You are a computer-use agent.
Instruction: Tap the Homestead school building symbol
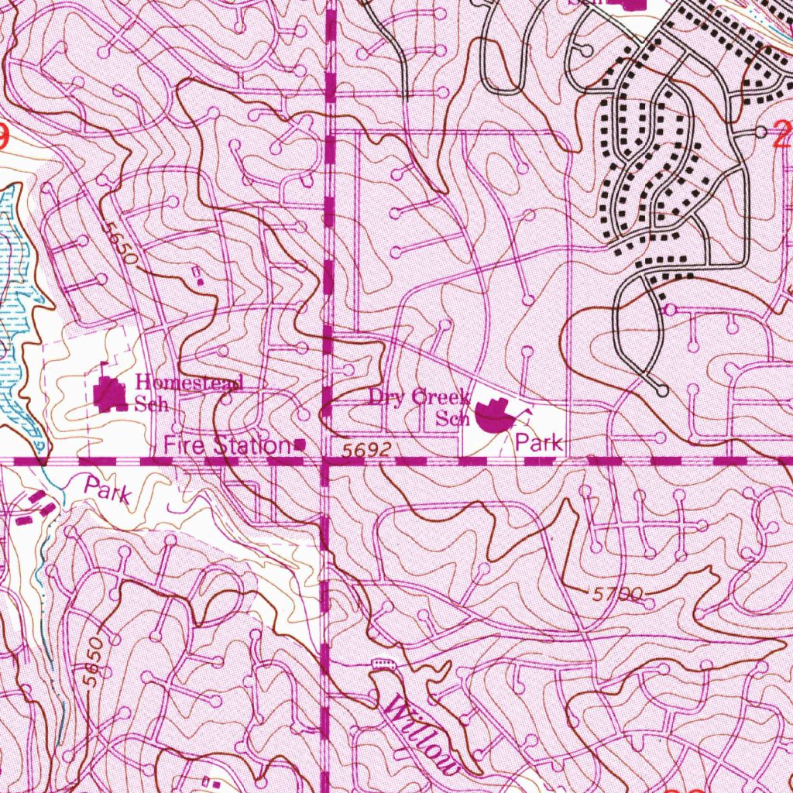(111, 395)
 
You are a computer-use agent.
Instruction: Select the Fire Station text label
(225, 445)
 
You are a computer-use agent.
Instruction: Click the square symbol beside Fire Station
(299, 445)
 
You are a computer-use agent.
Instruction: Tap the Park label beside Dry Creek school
(539, 444)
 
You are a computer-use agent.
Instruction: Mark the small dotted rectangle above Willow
(383, 664)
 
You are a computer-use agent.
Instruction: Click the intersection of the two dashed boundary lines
(324, 461)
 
